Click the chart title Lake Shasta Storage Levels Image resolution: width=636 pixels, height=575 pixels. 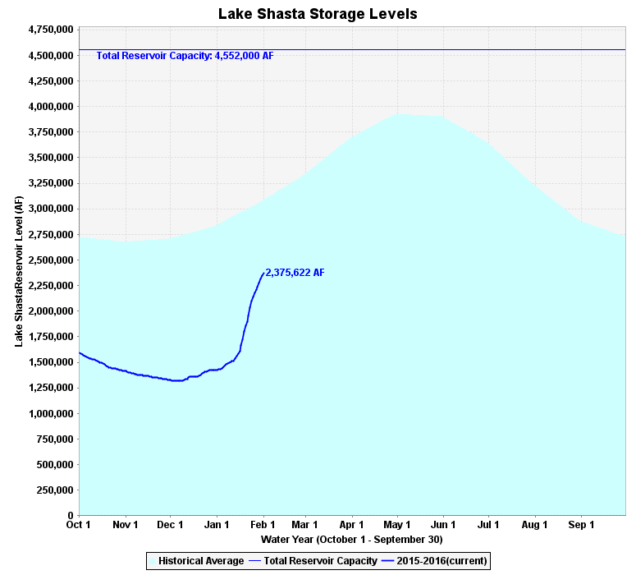[x=318, y=14]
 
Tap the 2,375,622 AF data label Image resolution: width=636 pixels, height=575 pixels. [x=295, y=273]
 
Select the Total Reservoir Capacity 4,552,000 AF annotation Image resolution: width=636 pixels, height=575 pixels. [x=185, y=57]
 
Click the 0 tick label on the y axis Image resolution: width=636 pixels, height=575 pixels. [x=70, y=516]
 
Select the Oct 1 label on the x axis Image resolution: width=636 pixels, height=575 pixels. [x=79, y=524]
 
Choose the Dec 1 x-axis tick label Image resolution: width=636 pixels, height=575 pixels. [x=171, y=524]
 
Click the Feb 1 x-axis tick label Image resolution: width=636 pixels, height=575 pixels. [x=264, y=524]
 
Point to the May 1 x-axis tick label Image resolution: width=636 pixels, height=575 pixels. [x=397, y=524]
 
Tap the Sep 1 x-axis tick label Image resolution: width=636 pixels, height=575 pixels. [x=581, y=524]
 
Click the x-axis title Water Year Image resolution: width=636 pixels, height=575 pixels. [x=351, y=540]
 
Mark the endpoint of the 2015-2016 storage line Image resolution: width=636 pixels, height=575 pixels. [x=263, y=274]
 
